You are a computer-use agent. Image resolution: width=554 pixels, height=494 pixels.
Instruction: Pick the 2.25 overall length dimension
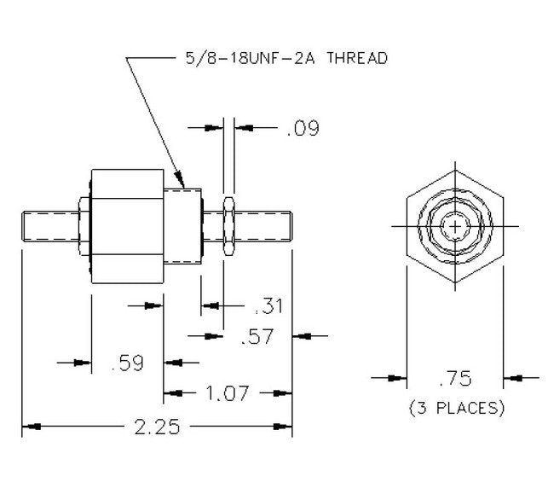[157, 427]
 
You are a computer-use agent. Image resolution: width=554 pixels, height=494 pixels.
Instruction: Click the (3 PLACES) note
[456, 408]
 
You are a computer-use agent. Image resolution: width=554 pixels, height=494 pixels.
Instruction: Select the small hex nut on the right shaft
[228, 227]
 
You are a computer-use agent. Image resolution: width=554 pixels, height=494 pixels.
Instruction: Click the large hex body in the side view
[126, 227]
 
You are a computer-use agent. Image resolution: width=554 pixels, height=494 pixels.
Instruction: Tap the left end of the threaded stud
[25, 227]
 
